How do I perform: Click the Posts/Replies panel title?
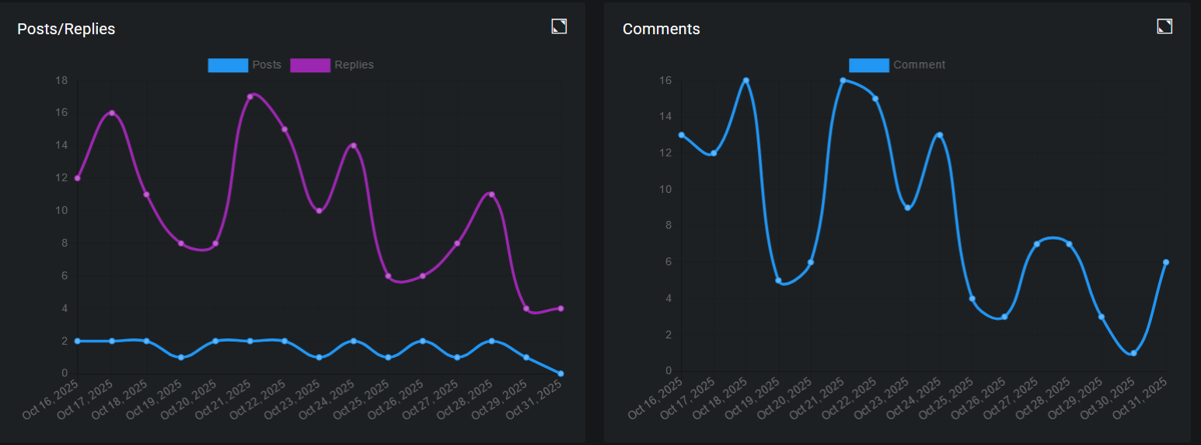[x=66, y=30]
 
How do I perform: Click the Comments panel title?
[x=661, y=30]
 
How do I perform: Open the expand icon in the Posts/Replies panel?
[x=559, y=26]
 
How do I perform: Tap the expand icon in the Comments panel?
[x=1164, y=26]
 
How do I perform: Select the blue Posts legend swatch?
[x=228, y=65]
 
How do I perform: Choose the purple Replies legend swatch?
[x=310, y=65]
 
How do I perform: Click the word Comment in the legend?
[x=919, y=65]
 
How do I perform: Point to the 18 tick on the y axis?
[x=61, y=80]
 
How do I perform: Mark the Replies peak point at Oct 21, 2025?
[x=250, y=96]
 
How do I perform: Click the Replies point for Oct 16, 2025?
[x=78, y=178]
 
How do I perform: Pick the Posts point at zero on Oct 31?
[x=560, y=373]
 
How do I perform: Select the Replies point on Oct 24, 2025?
[x=354, y=145]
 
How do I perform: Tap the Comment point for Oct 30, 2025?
[x=1133, y=353]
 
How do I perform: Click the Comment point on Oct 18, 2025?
[x=745, y=80]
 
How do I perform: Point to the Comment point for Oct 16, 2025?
[x=682, y=135]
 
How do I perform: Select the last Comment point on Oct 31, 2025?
[x=1166, y=262]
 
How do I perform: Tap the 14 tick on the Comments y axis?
[x=666, y=117]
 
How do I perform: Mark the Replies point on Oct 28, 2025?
[x=491, y=194]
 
